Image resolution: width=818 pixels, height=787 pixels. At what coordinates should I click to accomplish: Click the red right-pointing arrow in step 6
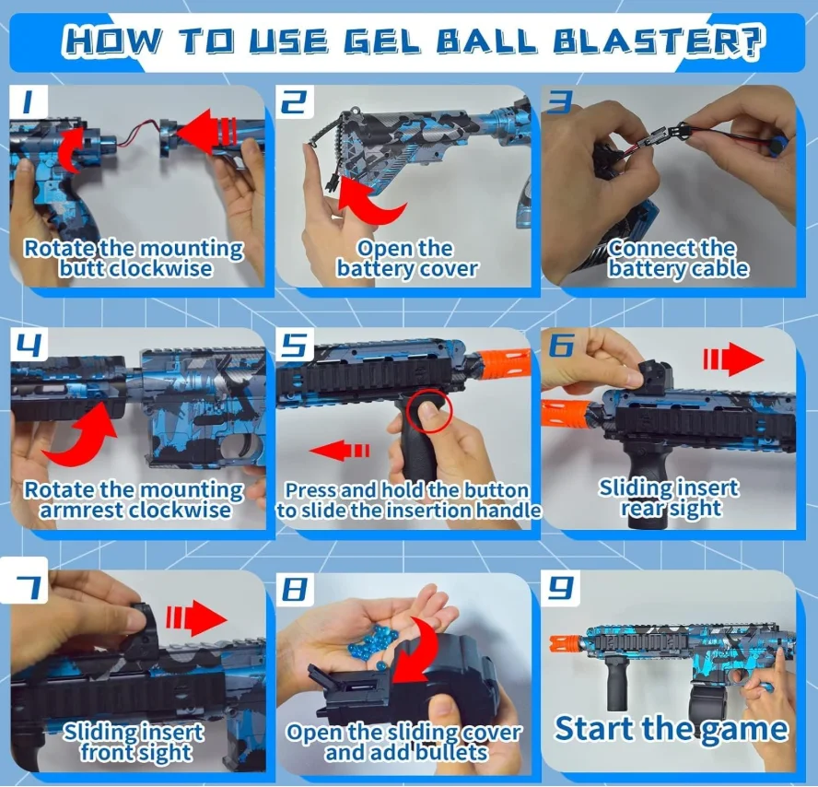pos(733,360)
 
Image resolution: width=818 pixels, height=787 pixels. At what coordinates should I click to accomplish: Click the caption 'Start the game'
pos(671,728)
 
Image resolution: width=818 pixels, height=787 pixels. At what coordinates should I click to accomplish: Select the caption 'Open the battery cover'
pos(406,259)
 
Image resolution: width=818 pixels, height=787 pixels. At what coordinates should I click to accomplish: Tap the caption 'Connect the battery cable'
pos(677,259)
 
